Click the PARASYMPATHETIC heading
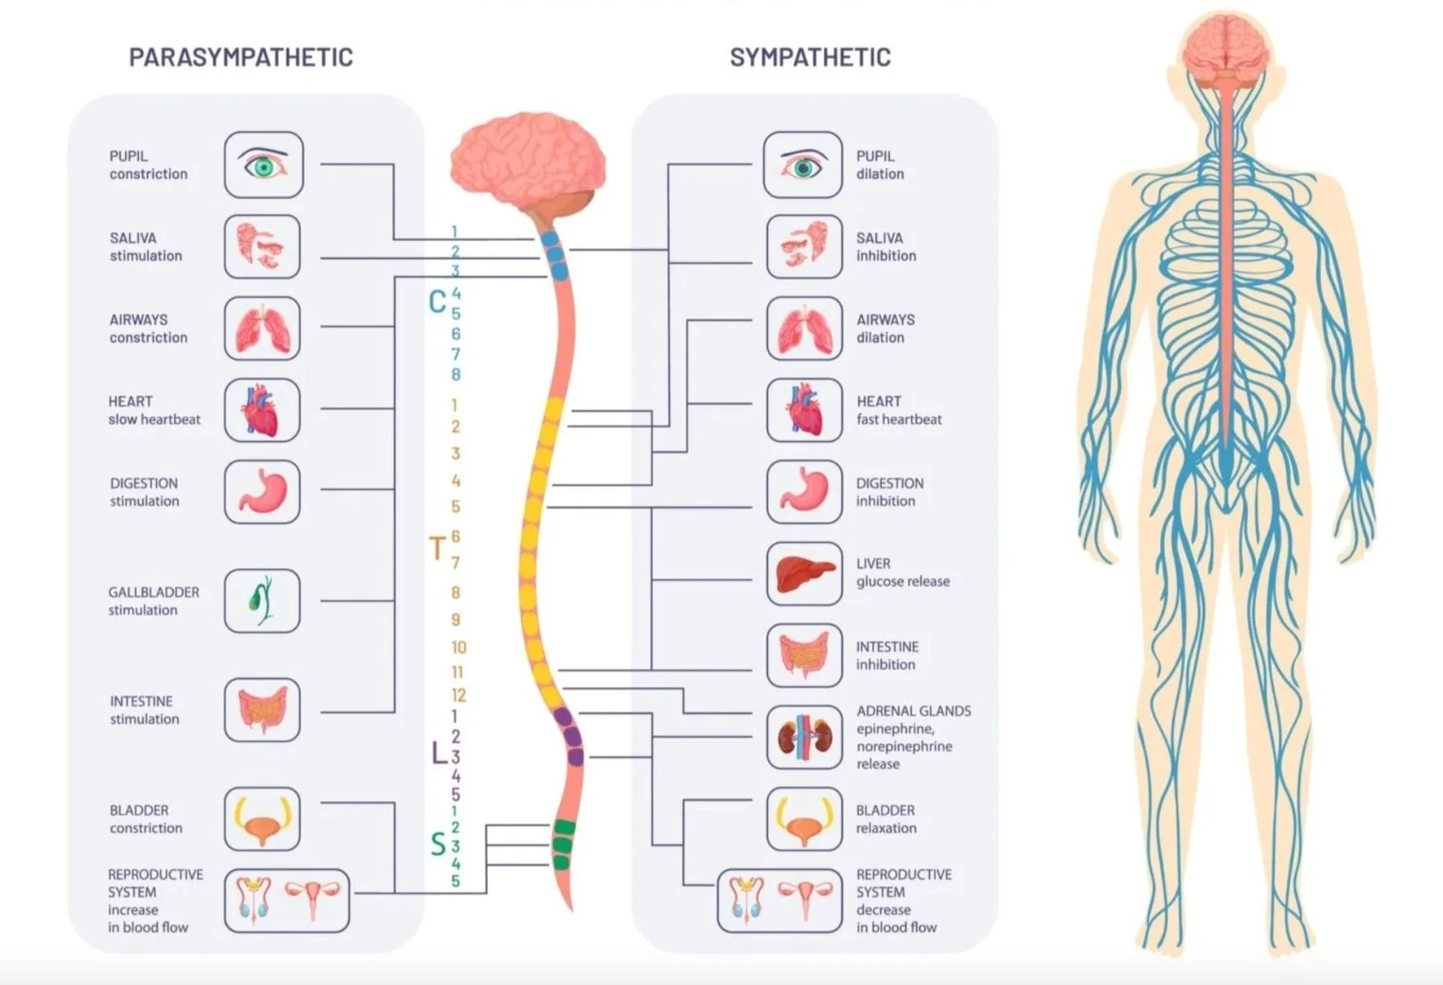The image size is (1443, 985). tap(240, 57)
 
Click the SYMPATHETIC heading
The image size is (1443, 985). tap(810, 57)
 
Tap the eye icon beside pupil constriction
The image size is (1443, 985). tap(263, 165)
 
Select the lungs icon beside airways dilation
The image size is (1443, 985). tap(804, 328)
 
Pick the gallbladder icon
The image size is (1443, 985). tap(262, 601)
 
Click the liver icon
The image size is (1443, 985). tap(804, 574)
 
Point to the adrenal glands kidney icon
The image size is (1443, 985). tap(804, 737)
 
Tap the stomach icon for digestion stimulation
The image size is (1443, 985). tap(262, 491)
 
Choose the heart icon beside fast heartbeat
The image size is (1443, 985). tap(804, 410)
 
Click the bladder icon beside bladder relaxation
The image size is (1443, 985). tap(804, 819)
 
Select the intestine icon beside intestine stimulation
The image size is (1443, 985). tap(262, 710)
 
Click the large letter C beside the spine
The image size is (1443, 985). tap(437, 302)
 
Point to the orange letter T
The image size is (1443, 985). tap(437, 549)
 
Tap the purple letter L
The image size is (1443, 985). tap(439, 753)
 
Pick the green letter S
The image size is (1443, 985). tap(438, 845)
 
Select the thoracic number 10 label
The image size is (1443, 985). tap(458, 647)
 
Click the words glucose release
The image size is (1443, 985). tap(902, 581)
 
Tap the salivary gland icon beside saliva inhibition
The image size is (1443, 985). tap(804, 246)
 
